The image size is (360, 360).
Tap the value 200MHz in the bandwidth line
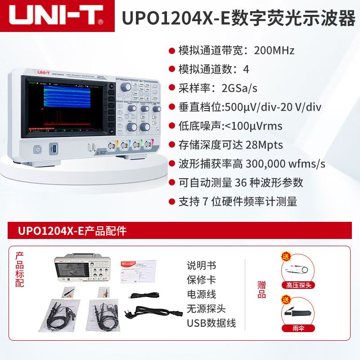click(x=274, y=50)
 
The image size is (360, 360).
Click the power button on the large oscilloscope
click(x=38, y=149)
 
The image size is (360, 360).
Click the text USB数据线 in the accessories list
click(x=211, y=323)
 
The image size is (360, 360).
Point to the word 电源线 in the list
click(x=202, y=294)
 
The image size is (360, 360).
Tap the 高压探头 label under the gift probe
click(x=298, y=285)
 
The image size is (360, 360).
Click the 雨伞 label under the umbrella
click(x=298, y=328)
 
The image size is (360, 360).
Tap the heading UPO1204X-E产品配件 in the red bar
click(x=72, y=231)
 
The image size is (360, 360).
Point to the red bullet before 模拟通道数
click(x=171, y=69)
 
